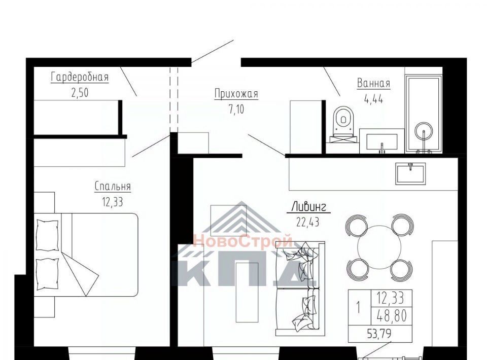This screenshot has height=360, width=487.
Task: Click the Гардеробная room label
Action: [x=80, y=77]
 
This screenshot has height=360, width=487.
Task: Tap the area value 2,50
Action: [x=80, y=93]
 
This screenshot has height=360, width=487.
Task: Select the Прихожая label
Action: [x=236, y=94]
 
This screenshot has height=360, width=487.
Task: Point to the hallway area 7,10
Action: [x=236, y=110]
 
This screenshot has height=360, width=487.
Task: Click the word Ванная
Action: [x=373, y=84]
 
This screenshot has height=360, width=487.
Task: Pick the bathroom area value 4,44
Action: [x=373, y=99]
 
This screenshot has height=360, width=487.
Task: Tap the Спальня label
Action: [x=113, y=187]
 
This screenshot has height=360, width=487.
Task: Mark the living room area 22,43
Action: [x=307, y=222]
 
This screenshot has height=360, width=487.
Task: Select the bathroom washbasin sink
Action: [x=382, y=142]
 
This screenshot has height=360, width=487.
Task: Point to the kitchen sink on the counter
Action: [x=410, y=173]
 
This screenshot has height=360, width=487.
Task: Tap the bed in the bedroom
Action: [x=86, y=255]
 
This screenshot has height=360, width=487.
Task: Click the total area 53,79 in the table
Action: [x=379, y=334]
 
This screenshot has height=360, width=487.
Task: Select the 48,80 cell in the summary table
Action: [x=392, y=316]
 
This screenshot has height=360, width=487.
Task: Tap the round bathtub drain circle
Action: [x=424, y=131]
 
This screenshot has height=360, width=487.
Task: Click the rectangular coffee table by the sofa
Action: [x=247, y=293]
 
